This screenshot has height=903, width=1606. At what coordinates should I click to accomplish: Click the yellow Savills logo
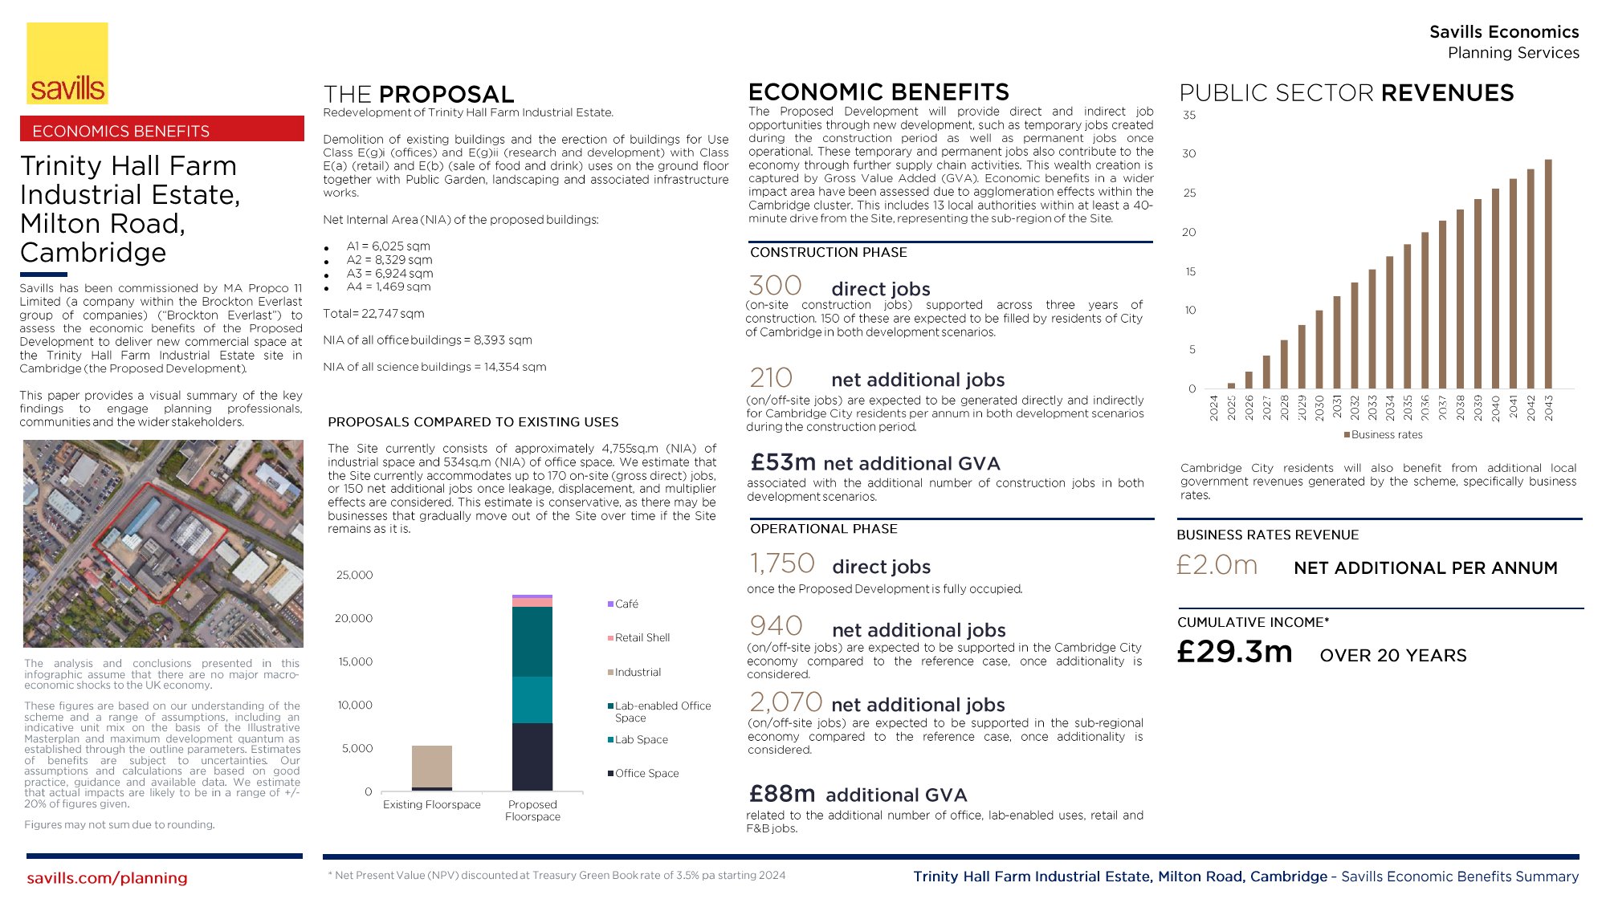[x=67, y=63]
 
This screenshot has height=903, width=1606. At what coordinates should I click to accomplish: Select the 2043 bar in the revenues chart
[x=1548, y=274]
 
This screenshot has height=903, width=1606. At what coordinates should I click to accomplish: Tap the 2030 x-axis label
[x=1319, y=407]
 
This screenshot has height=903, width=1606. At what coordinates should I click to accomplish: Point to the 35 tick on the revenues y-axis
[x=1189, y=116]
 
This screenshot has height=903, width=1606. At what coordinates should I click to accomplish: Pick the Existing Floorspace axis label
[x=431, y=805]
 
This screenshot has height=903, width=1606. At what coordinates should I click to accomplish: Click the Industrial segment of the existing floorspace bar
[x=432, y=767]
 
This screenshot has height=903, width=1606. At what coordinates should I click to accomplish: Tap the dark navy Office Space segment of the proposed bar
[x=532, y=756]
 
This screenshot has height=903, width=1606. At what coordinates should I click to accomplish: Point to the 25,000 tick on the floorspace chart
[x=354, y=576]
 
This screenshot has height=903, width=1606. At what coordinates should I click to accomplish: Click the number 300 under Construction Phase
[x=775, y=287]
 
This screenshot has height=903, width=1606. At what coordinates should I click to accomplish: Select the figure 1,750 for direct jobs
[x=782, y=564]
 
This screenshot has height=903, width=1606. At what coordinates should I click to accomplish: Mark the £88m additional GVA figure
[x=782, y=794]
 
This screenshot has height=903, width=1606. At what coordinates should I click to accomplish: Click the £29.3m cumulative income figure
[x=1234, y=652]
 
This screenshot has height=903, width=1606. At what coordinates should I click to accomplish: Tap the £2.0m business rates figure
[x=1217, y=566]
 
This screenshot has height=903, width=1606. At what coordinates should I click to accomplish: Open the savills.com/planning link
[x=107, y=878]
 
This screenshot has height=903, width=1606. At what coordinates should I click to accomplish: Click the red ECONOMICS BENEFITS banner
[x=162, y=130]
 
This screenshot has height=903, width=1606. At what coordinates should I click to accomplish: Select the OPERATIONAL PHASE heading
[x=824, y=529]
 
